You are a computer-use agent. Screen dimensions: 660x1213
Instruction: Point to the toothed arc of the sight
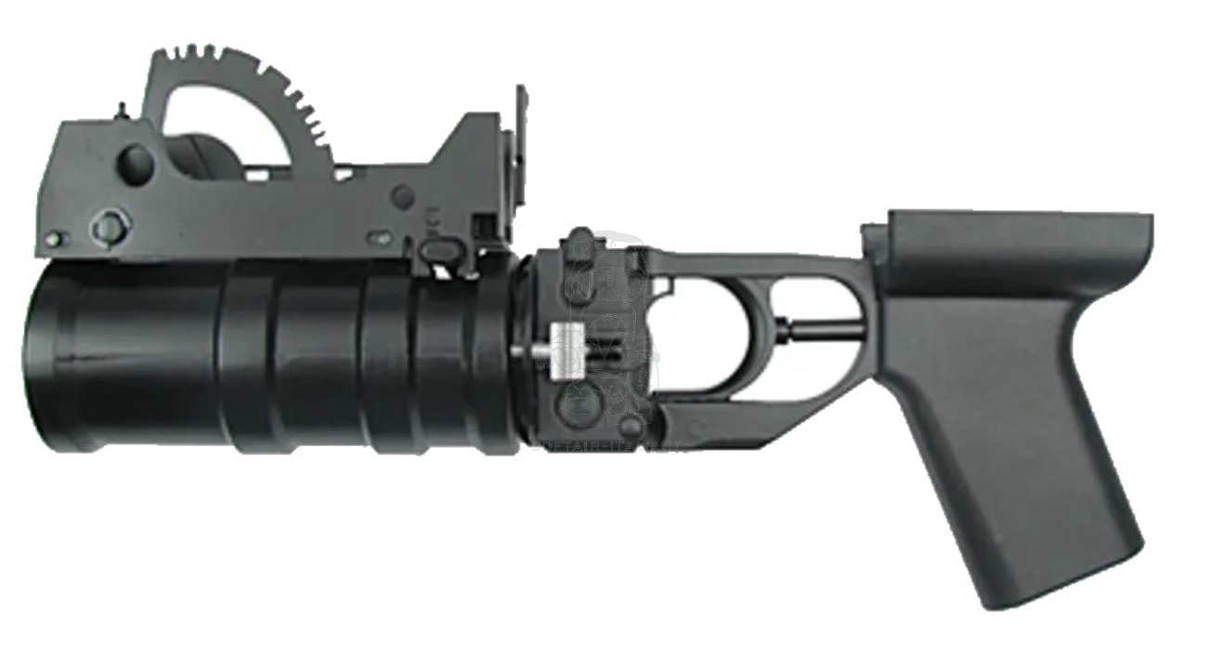279,84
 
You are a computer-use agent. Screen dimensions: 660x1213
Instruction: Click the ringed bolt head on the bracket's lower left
111,226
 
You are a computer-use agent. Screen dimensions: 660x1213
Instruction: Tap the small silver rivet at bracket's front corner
54,239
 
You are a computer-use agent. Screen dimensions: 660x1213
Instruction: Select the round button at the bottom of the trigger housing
631,427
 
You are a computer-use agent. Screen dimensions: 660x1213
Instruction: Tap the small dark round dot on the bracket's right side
401,196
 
